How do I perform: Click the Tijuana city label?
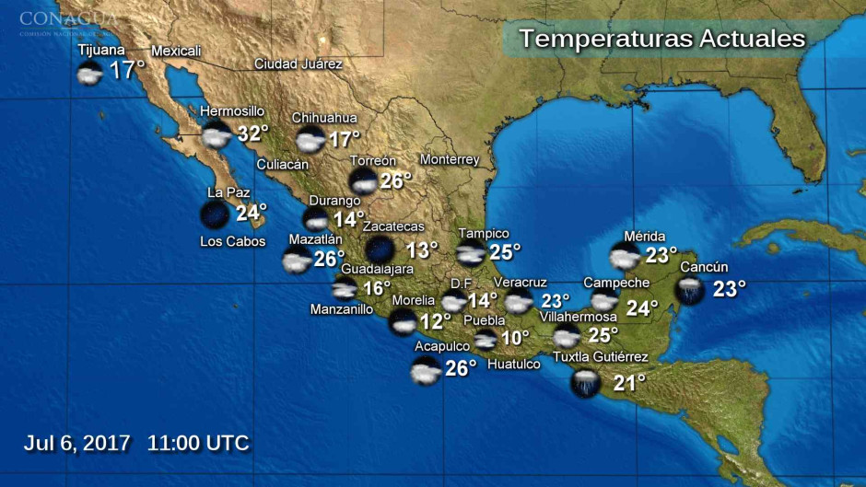click(101, 50)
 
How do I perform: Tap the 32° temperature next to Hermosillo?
click(252, 133)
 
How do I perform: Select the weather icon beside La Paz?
click(215, 215)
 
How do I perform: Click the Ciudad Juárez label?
click(298, 64)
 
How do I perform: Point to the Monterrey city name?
click(450, 159)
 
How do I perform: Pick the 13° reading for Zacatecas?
click(422, 249)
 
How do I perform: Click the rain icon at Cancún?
click(689, 290)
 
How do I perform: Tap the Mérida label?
click(644, 237)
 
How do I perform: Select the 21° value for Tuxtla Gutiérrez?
click(629, 382)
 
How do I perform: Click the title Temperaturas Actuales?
click(661, 39)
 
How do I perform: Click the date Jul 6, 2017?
click(76, 443)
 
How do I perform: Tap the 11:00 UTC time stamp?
click(198, 443)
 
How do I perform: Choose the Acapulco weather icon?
click(426, 371)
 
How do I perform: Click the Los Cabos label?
click(232, 242)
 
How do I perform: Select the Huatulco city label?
click(513, 365)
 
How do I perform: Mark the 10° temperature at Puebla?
click(515, 338)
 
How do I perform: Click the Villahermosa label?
click(578, 317)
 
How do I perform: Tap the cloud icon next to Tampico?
click(471, 253)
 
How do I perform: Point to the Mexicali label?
click(175, 51)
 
